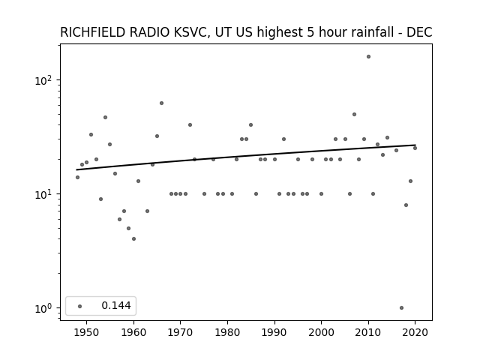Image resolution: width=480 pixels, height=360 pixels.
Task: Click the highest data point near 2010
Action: [x=368, y=57]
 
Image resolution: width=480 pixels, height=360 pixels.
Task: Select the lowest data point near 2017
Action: [x=402, y=308]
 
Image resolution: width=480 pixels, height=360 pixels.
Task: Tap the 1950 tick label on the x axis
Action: [x=87, y=332]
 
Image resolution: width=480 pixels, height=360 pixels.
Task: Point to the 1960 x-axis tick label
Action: [x=133, y=332]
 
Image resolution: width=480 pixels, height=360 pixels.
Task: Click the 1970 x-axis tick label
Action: [x=181, y=332]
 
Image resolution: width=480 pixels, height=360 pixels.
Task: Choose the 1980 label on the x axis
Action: [x=228, y=332]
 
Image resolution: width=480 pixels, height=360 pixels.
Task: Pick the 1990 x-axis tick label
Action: [x=274, y=332]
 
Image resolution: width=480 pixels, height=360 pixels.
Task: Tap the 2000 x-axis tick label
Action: [x=322, y=332]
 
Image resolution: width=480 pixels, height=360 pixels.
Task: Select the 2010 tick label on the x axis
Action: [x=368, y=332]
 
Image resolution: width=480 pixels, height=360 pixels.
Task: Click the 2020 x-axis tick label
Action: [x=415, y=332]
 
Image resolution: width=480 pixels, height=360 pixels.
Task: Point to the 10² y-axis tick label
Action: [x=45, y=80]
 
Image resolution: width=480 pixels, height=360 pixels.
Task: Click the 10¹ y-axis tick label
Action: [x=45, y=194]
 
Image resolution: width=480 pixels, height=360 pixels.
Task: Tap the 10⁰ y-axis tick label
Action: [x=45, y=308]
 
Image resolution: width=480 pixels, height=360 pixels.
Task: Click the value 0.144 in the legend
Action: [x=116, y=305]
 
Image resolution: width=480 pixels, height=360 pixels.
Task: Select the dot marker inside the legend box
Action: [x=80, y=306]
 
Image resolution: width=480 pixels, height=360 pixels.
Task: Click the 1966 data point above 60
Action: [x=162, y=103]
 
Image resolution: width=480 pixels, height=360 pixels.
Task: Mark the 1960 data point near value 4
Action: [x=133, y=238]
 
